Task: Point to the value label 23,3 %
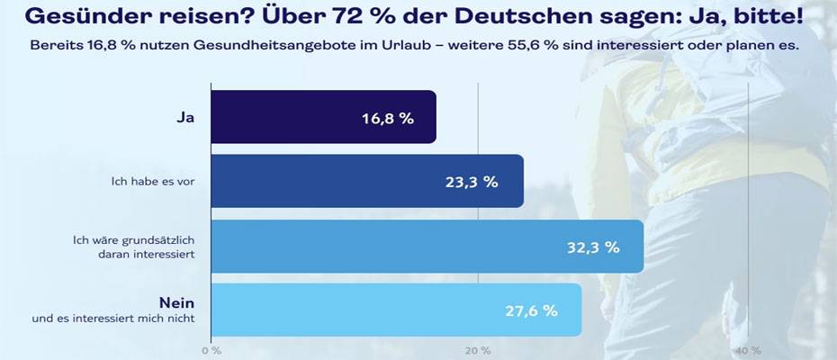pyautogui.click(x=471, y=181)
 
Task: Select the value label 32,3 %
pyautogui.click(x=592, y=247)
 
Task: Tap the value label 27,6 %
pyautogui.click(x=530, y=310)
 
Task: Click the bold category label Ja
pyautogui.click(x=187, y=117)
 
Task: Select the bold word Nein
pyautogui.click(x=177, y=303)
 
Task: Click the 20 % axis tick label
pyautogui.click(x=478, y=350)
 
